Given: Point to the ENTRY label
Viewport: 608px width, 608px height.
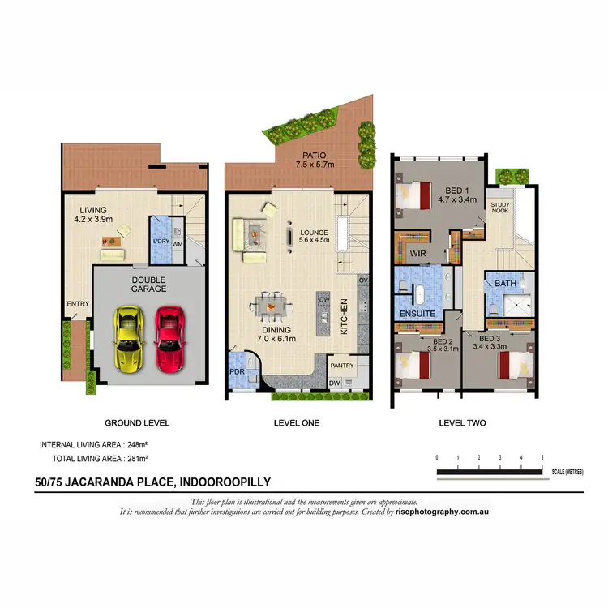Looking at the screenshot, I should (x=77, y=304).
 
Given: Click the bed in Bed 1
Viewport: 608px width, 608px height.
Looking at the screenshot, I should (x=416, y=195).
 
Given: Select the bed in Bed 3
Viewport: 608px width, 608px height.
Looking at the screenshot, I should (x=516, y=362).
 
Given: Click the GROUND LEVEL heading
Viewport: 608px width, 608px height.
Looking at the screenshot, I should (x=137, y=422).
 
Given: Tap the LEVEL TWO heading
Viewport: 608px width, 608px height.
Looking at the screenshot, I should (x=462, y=422).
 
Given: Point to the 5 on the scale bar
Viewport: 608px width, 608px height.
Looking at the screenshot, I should (x=542, y=458).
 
